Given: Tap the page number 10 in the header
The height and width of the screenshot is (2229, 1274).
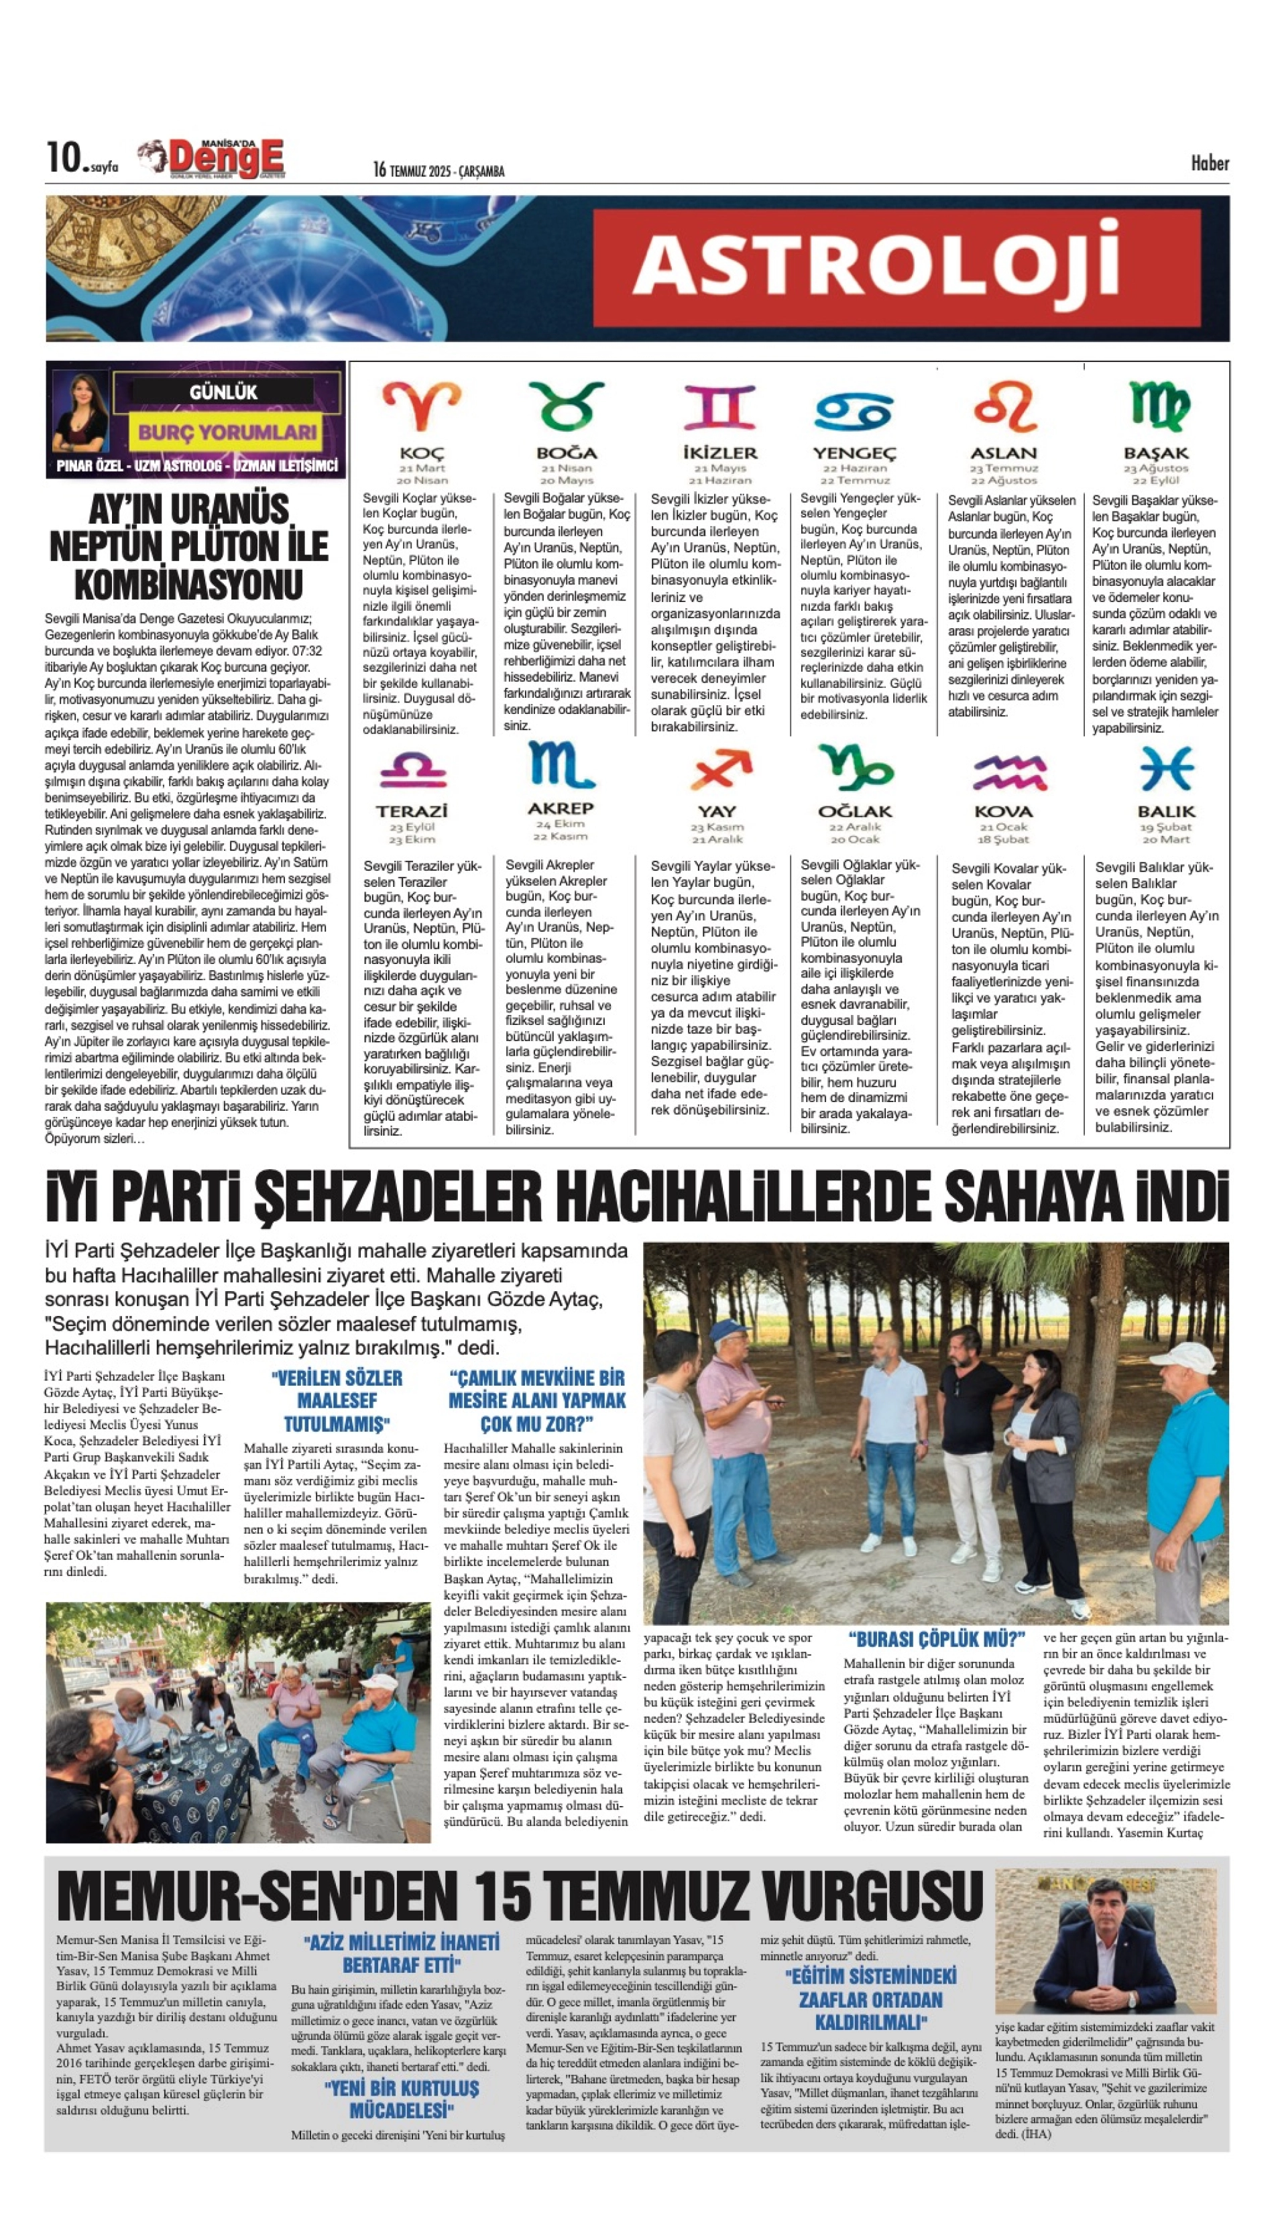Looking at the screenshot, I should [x=64, y=158].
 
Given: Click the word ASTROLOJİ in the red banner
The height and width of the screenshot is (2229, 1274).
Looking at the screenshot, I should [x=875, y=266].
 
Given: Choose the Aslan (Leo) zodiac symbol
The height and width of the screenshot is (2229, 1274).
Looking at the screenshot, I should [x=1004, y=406].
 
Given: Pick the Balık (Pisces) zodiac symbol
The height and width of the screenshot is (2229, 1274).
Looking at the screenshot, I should [x=1166, y=769].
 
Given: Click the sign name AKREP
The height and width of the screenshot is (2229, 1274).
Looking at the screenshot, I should [x=560, y=808].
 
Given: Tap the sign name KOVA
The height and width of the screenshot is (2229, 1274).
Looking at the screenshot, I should [x=1004, y=811].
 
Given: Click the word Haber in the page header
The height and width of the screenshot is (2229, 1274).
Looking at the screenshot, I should [x=1209, y=163].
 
